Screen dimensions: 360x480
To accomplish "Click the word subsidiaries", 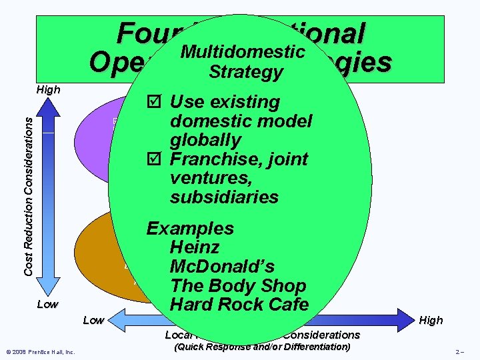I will coord(224,197).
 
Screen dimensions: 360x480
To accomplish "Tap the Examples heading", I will coord(190,229).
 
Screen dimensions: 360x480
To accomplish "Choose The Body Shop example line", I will coord(238,286).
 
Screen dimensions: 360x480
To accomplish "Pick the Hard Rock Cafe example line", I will coord(239,305).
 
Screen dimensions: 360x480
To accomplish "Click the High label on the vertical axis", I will coord(47,89).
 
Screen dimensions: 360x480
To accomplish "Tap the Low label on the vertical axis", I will coord(47,304).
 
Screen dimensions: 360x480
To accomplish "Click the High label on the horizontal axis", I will coord(431,320).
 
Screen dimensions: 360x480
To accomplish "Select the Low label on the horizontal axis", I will coord(93,320).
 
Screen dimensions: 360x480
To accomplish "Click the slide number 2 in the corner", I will coord(459,351).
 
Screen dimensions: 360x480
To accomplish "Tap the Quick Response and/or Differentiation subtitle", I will coord(261,347).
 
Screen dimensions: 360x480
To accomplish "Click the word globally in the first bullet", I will coord(205,140).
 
